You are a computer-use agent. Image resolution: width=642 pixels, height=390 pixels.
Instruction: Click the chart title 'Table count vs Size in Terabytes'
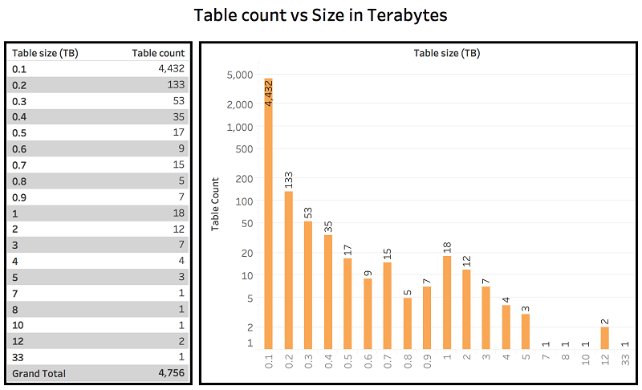pyautogui.click(x=321, y=15)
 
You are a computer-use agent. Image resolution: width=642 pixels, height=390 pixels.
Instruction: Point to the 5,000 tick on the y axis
pyautogui.click(x=240, y=75)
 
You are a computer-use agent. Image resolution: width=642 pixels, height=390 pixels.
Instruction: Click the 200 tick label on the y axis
pyautogui.click(x=243, y=181)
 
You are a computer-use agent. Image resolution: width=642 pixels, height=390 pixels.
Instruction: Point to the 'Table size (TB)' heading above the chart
pyautogui.click(x=446, y=54)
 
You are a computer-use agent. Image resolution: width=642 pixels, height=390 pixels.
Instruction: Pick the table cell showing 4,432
pyautogui.click(x=172, y=69)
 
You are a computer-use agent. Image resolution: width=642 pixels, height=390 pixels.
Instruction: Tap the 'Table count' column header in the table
pyautogui.click(x=158, y=53)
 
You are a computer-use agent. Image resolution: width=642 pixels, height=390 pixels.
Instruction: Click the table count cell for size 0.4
pyautogui.click(x=178, y=116)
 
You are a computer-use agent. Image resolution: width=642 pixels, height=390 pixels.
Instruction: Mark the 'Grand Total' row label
pyautogui.click(x=39, y=373)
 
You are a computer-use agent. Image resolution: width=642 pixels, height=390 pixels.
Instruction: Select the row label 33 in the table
pyautogui.click(x=18, y=357)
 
